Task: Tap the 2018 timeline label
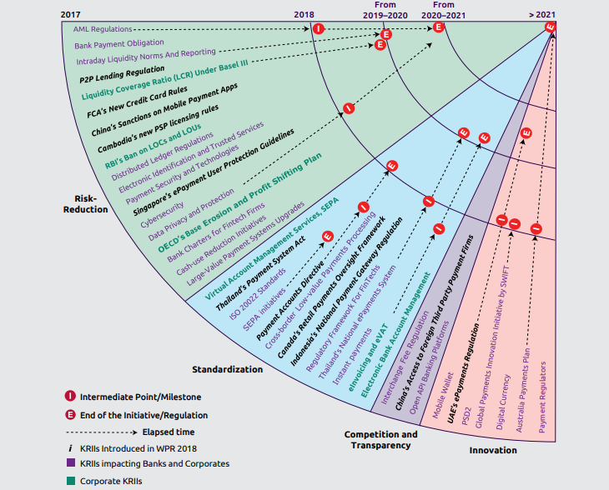[x=305, y=14]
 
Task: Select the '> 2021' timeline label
[x=542, y=14]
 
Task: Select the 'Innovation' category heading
[x=493, y=451]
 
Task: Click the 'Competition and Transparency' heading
[x=381, y=439]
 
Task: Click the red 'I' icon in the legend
[x=71, y=397]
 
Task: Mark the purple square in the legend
[x=71, y=463]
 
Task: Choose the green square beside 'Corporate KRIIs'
[x=71, y=480]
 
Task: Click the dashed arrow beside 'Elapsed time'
[x=102, y=432]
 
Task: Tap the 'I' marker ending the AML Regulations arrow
[x=318, y=29]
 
